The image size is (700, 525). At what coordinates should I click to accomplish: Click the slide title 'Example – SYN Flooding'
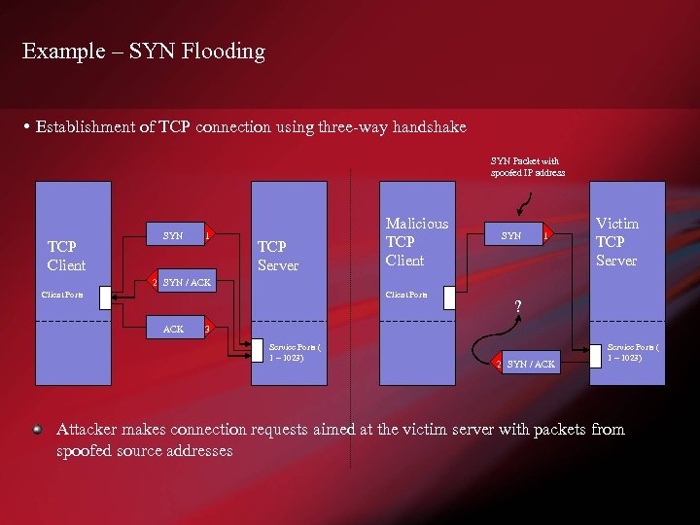point(143,52)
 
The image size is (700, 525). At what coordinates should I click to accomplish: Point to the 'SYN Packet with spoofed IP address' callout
point(526,166)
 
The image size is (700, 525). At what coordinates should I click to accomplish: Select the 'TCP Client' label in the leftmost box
point(66,256)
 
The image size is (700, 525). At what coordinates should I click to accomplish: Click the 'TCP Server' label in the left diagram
point(277,256)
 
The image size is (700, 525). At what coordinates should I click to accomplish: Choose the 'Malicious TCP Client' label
point(416,242)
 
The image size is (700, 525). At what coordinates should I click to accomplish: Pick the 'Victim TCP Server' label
point(616,242)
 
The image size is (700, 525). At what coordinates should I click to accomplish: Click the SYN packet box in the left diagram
point(173,235)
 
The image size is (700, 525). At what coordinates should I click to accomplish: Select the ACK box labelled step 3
point(173,329)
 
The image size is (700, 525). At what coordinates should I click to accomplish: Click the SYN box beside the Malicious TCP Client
point(510,235)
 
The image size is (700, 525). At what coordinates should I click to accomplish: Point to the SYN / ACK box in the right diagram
point(531,364)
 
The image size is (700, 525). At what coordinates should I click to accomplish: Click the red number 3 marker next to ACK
point(207,329)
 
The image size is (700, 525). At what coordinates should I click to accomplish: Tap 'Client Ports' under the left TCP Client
point(62,294)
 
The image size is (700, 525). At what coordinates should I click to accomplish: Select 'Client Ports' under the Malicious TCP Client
point(406,294)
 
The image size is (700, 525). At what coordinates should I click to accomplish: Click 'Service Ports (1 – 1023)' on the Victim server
point(633,352)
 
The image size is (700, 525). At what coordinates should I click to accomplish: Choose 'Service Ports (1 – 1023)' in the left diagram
point(295,352)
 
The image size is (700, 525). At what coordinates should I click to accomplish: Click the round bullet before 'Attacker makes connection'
point(37,430)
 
